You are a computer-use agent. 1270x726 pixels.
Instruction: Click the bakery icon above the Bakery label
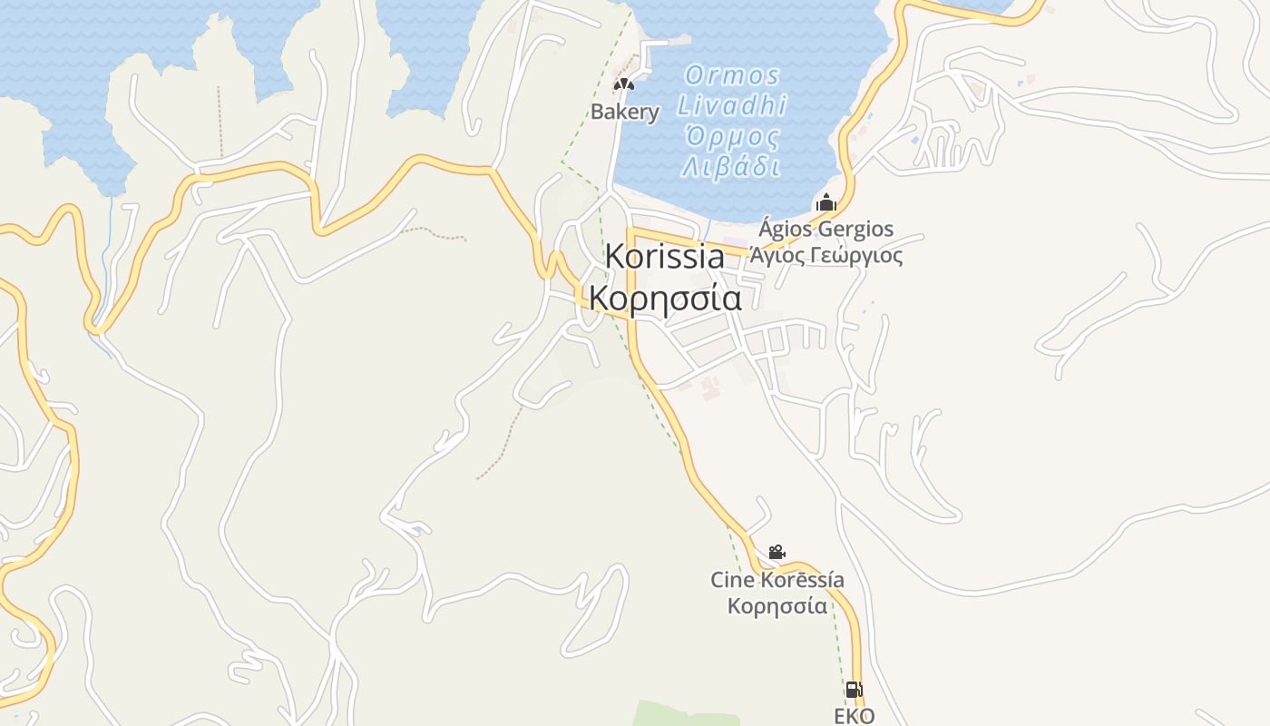[623, 84]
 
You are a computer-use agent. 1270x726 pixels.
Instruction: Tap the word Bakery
[625, 113]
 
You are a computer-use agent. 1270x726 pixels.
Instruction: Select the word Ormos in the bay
[732, 75]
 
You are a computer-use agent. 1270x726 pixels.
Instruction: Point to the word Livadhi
[732, 106]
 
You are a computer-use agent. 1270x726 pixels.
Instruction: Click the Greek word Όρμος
[732, 137]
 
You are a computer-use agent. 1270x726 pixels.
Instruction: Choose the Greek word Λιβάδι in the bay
[731, 167]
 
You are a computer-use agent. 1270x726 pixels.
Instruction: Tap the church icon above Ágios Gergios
[825, 201]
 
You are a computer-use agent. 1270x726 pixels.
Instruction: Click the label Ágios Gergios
[825, 229]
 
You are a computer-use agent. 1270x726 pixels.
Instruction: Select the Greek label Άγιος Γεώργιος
[825, 255]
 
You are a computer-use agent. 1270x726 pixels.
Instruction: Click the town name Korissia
[665, 257]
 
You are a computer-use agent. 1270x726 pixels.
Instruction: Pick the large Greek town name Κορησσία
[665, 298]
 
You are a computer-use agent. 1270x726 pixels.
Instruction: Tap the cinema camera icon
[777, 552]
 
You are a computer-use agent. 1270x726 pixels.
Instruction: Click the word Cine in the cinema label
[732, 580]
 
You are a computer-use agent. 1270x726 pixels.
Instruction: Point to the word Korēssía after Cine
[802, 580]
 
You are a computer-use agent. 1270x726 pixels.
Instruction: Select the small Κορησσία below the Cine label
[777, 605]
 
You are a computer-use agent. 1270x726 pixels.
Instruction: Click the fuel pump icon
[854, 690]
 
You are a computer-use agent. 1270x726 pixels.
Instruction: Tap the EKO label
[854, 716]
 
